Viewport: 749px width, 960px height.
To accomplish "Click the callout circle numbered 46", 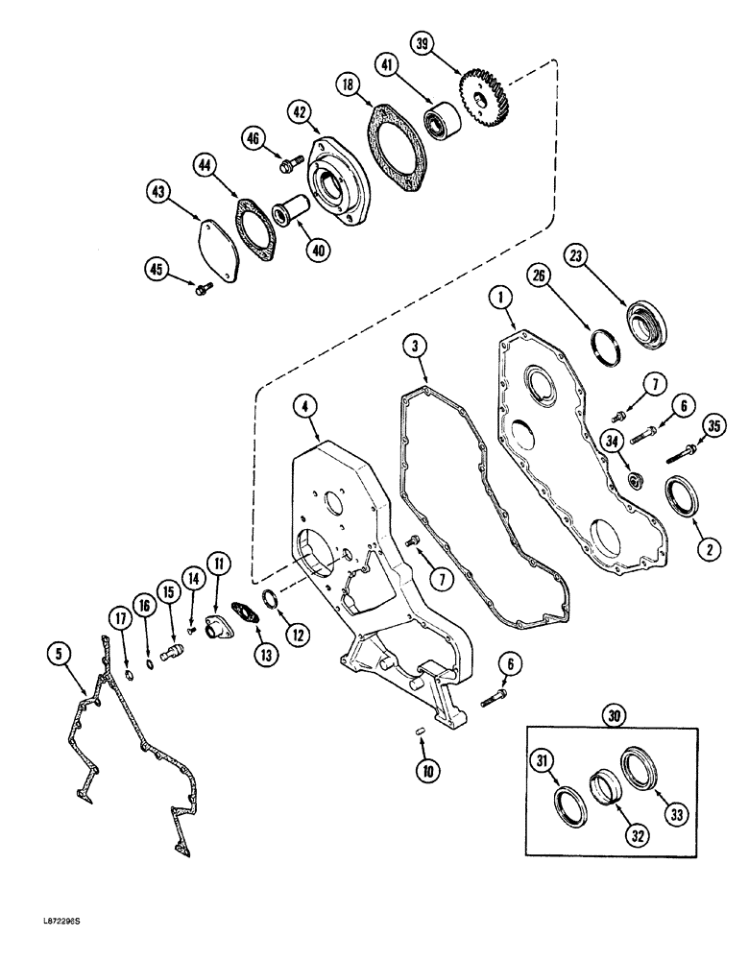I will [253, 141].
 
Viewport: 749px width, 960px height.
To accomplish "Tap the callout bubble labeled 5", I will [60, 655].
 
